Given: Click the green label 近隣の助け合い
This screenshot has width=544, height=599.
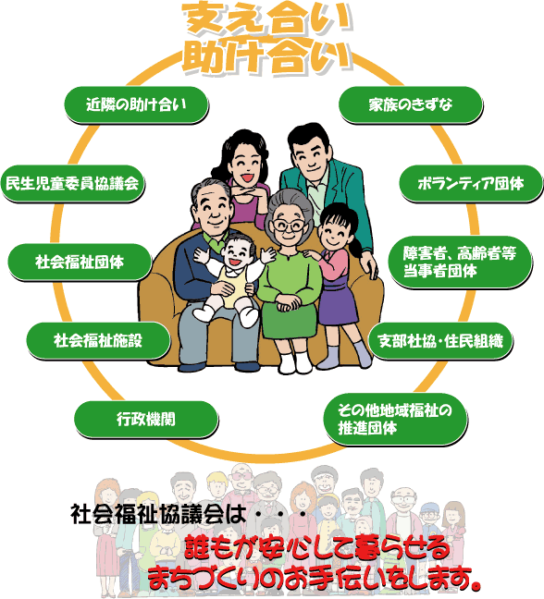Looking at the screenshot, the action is (x=136, y=104).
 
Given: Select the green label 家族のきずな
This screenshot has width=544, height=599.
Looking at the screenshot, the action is (x=410, y=104).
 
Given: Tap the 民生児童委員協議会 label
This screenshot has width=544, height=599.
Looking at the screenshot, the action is (x=73, y=184).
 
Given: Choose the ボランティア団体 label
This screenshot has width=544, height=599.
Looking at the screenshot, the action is (x=471, y=184).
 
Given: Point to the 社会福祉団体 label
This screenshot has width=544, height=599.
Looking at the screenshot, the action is (x=80, y=263).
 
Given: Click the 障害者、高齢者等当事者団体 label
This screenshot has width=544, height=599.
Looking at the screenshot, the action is (x=460, y=263).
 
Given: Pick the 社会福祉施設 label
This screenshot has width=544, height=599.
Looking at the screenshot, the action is (x=98, y=341).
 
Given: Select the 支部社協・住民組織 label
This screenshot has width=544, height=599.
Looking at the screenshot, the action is (x=440, y=341).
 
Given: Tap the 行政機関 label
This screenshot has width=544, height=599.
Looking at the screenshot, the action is (x=146, y=420).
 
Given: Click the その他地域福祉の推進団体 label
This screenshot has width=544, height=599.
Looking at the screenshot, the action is (x=395, y=420).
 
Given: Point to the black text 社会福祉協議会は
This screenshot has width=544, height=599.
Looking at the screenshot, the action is (x=158, y=514).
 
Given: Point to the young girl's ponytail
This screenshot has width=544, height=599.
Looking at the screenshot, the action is (x=355, y=244).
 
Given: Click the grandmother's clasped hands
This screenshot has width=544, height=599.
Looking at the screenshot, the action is (x=288, y=304).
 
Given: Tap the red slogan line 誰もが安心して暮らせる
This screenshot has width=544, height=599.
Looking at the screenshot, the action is (x=317, y=548).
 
